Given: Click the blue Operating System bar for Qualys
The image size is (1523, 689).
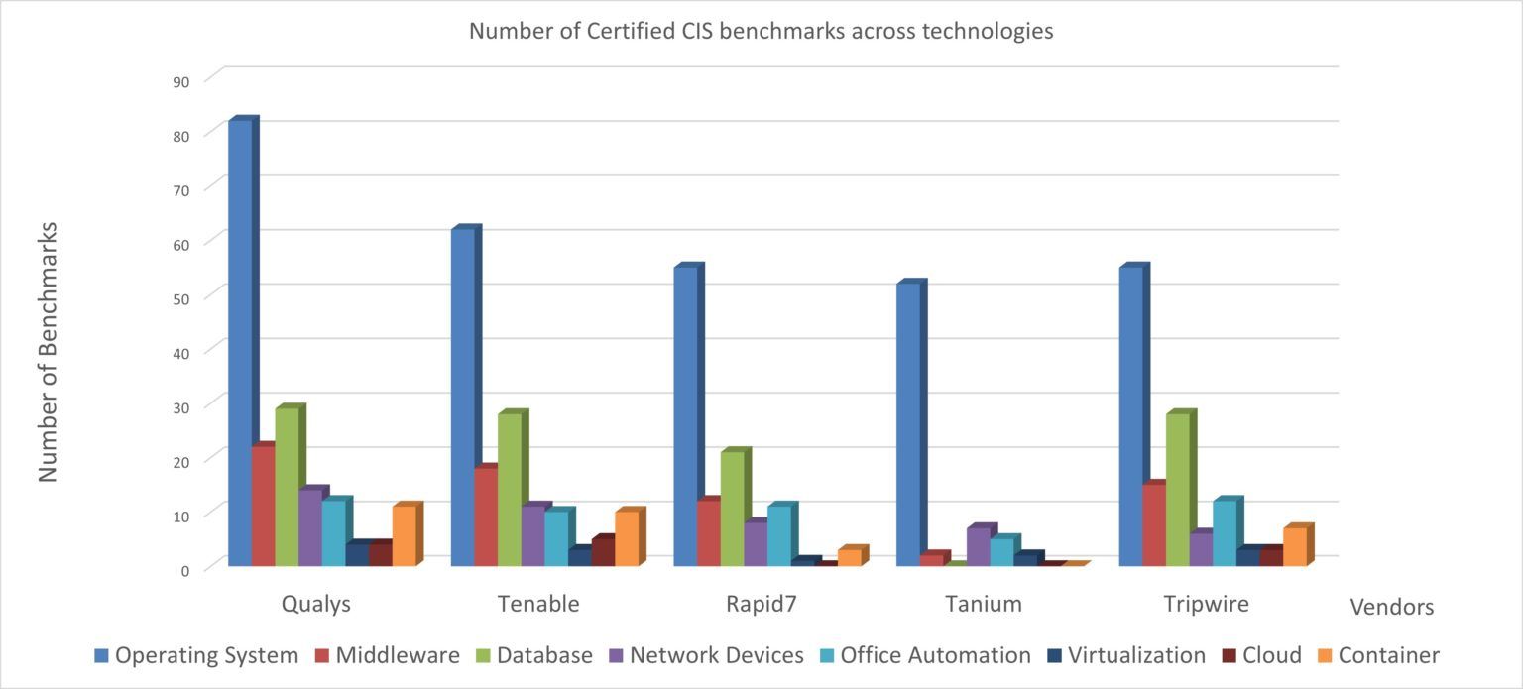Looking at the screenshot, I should click(240, 342).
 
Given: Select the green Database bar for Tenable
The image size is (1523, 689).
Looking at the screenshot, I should click(510, 490).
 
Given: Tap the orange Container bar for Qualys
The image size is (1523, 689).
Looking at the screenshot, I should click(405, 536).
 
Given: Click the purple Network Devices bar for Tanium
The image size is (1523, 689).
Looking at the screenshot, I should click(979, 546).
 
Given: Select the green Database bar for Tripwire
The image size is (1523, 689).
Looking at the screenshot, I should click(1178, 490).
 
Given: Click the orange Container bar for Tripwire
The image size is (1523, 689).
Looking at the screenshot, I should click(1295, 546).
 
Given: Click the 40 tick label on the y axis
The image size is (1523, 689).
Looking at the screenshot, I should click(181, 352).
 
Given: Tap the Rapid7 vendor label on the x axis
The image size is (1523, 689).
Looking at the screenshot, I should click(761, 604).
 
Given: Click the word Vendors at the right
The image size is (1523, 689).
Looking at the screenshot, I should click(1392, 607).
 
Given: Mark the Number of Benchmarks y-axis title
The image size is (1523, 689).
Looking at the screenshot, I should click(49, 352).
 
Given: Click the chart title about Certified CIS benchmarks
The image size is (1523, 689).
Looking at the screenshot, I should click(761, 31).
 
